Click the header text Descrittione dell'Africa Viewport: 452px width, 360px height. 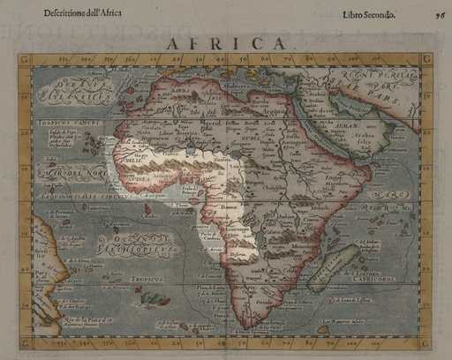pyautogui.click(x=83, y=13)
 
